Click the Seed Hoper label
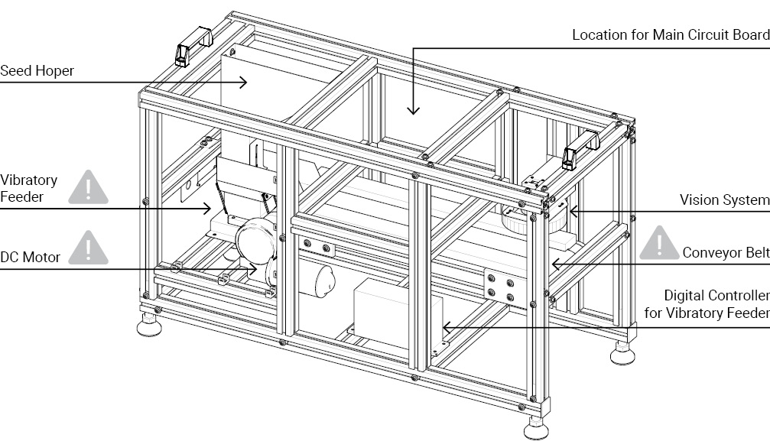pyautogui.click(x=37, y=71)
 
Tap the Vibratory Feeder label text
pyautogui.click(x=28, y=188)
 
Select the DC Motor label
pyautogui.click(x=30, y=258)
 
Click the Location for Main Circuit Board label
pyautogui.click(x=671, y=35)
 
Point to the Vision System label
pyautogui.click(x=724, y=200)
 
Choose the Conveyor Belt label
pyautogui.click(x=726, y=253)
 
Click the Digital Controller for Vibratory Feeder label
pyautogui.click(x=716, y=304)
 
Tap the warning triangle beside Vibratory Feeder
pyautogui.click(x=89, y=188)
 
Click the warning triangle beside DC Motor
pyautogui.click(x=89, y=248)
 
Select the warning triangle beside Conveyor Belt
pyautogui.click(x=658, y=242)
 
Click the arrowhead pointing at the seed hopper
pyautogui.click(x=244, y=82)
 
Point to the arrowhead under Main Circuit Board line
pyautogui.click(x=413, y=109)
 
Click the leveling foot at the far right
pyautogui.click(x=622, y=352)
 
